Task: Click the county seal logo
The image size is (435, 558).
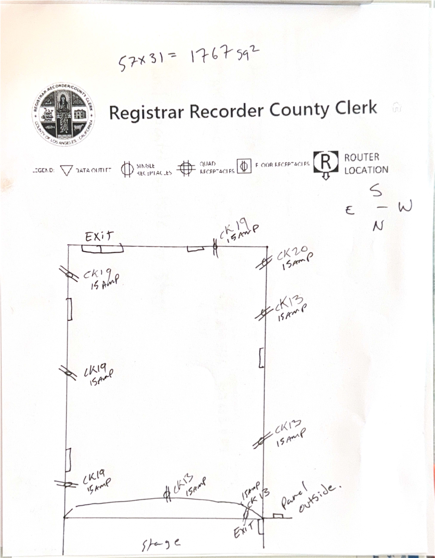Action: [x=63, y=114]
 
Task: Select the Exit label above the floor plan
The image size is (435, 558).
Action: [x=99, y=236]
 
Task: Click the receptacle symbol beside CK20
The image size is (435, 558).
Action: [x=265, y=262]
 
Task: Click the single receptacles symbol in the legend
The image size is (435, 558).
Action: [x=127, y=169]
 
